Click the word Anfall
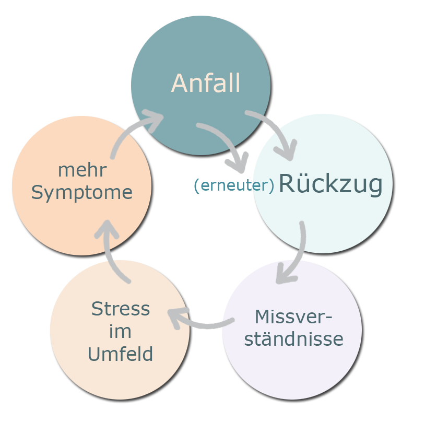pos(206,84)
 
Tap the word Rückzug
pos(330,184)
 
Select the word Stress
pos(121,309)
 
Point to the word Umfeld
pos(120,355)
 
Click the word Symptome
pos(82,193)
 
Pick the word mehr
pos(82,170)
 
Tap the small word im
pos(121,332)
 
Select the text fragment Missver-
pos(293,317)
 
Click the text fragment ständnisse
pos(293,340)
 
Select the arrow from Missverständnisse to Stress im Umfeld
pos(198,320)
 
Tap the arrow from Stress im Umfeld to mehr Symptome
pos(112,251)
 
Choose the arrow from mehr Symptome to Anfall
pos(133,131)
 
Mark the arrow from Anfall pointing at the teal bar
pos(225,146)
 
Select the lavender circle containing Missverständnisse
pos(292,366)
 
